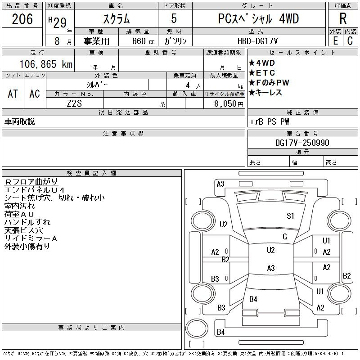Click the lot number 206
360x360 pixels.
point(22,19)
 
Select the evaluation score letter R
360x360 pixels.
point(343,19)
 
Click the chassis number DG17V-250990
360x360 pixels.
point(302,143)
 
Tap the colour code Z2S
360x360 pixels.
point(75,103)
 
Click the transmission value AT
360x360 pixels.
point(13,94)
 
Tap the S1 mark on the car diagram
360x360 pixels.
point(290,216)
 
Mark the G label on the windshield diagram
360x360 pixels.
point(284,236)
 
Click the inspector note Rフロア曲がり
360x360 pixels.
point(31,181)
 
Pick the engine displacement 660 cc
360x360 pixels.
point(136,41)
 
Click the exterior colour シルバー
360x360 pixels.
point(97,85)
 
